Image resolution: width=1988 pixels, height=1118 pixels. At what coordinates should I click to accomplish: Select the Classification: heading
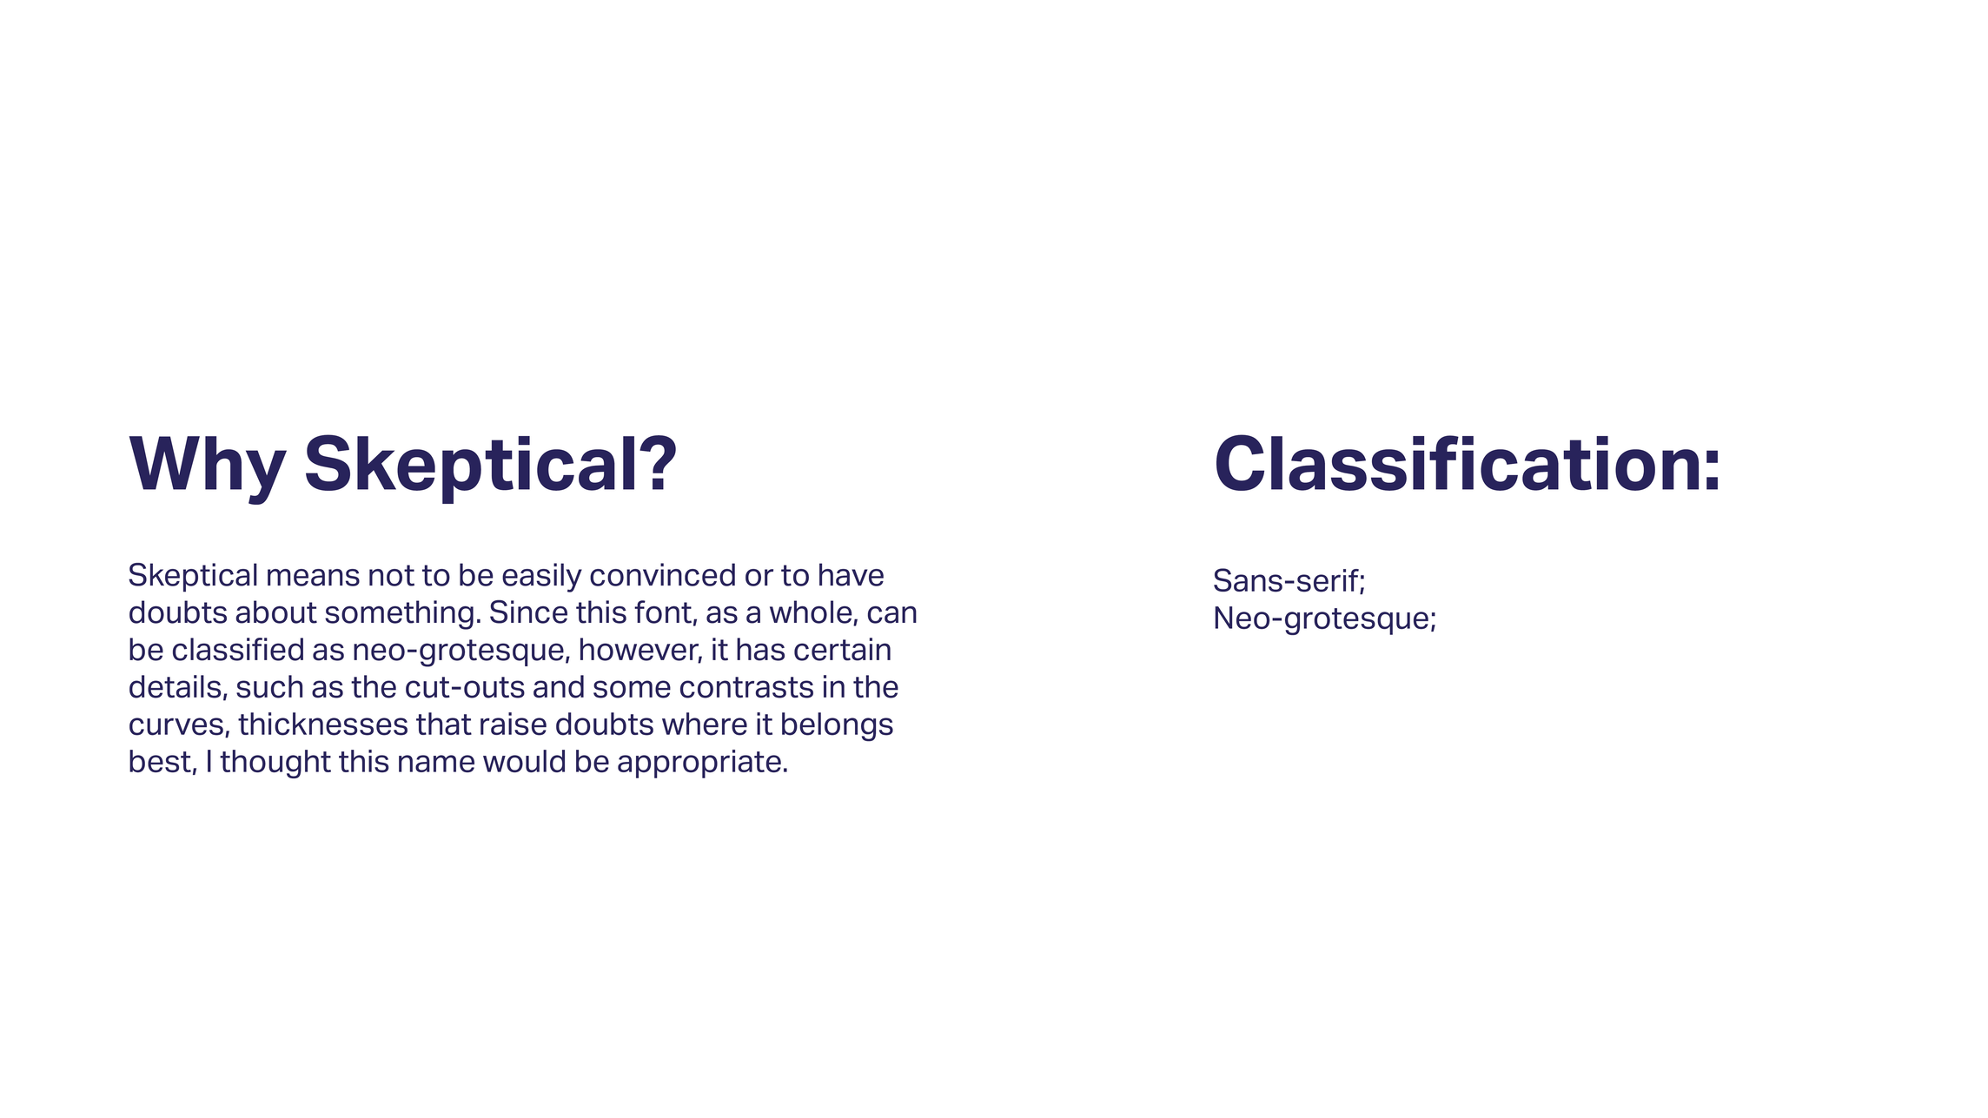1467,464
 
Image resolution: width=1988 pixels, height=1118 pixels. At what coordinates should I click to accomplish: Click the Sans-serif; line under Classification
1289,580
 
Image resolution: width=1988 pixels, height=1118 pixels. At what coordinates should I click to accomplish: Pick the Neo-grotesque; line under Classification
1325,619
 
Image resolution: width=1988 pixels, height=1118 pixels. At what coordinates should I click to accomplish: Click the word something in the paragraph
402,613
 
